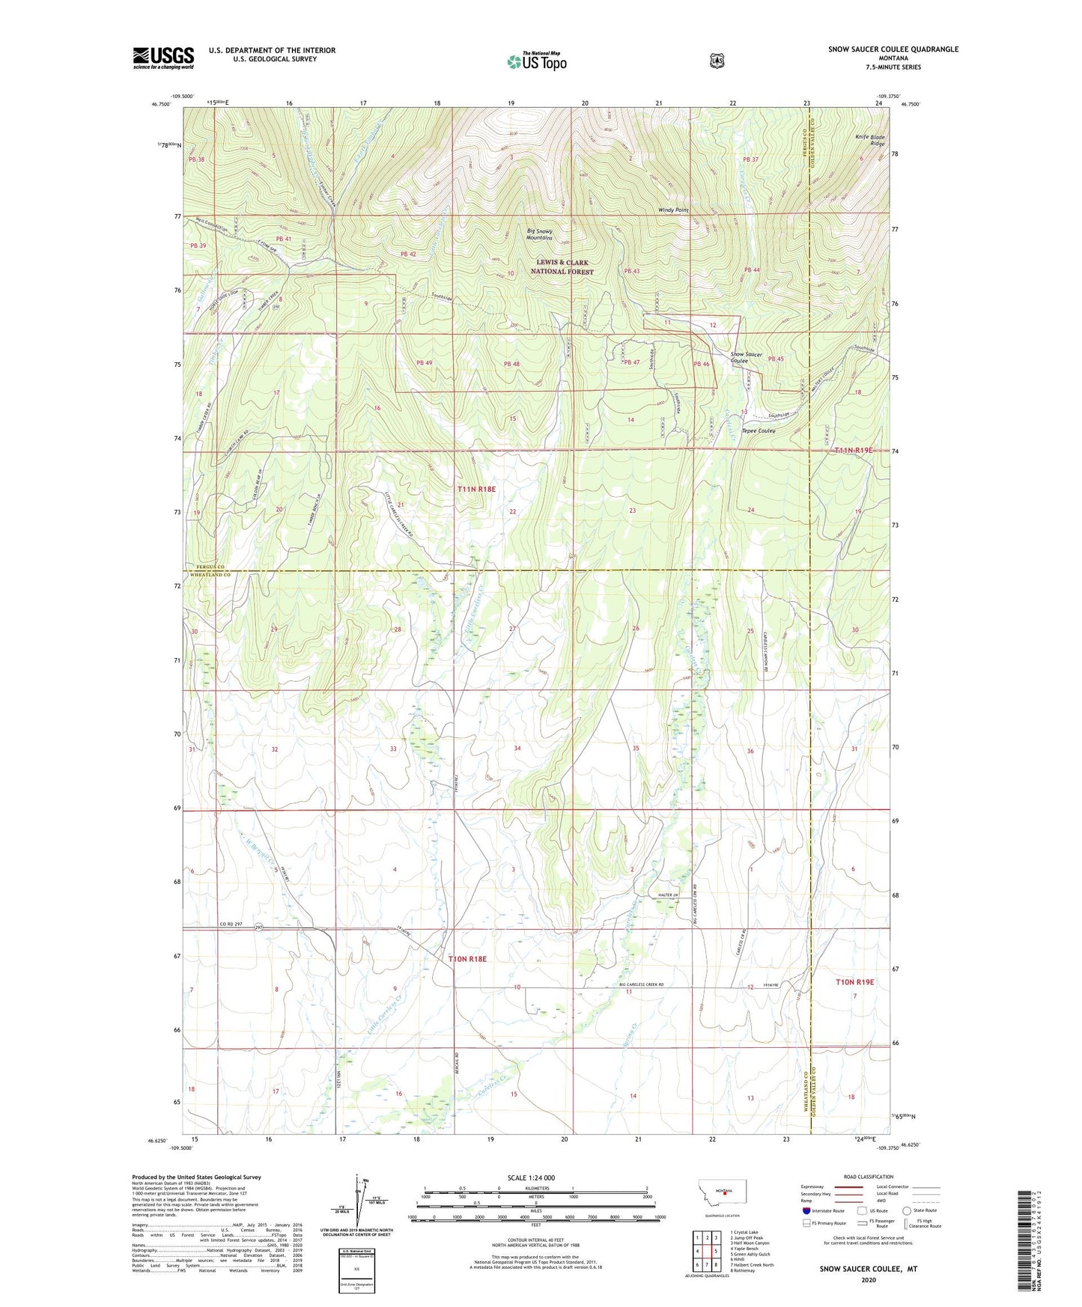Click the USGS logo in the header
163,58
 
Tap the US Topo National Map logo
535,61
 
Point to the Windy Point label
673,210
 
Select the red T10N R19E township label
855,981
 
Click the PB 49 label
425,364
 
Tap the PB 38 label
197,159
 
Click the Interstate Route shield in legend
806,1210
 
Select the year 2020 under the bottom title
869,1279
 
